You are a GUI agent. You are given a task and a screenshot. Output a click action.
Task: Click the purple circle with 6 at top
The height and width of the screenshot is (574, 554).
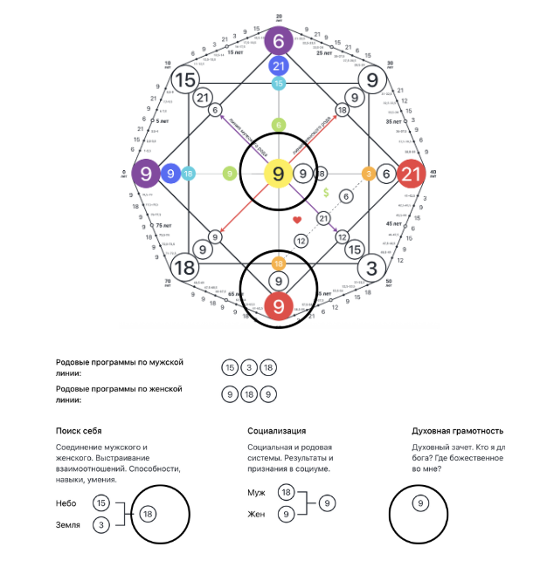click(x=279, y=41)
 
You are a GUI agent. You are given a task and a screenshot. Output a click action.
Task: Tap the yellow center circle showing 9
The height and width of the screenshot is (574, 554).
click(x=279, y=174)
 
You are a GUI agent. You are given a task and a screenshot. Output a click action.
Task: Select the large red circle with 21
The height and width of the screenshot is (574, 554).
click(x=412, y=174)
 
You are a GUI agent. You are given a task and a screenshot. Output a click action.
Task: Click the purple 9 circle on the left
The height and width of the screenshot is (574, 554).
click(x=146, y=174)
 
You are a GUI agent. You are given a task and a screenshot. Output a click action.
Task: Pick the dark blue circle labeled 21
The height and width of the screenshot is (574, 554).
click(x=279, y=66)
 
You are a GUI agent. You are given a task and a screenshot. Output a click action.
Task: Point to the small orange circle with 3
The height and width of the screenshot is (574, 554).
click(x=369, y=174)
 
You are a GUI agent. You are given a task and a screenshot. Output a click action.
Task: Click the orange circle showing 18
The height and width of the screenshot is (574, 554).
click(x=279, y=263)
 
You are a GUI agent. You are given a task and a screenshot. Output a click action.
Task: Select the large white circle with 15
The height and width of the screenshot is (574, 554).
click(x=184, y=80)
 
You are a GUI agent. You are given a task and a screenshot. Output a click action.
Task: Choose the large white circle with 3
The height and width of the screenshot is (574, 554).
click(x=372, y=267)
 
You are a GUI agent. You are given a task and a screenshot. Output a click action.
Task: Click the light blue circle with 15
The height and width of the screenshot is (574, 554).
click(x=279, y=84)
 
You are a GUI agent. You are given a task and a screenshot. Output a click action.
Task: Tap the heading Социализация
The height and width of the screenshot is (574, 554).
click(x=278, y=431)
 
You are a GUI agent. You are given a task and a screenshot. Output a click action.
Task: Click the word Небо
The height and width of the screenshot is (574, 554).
click(x=67, y=503)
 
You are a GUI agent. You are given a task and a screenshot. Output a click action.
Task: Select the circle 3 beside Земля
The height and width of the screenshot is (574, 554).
click(x=101, y=525)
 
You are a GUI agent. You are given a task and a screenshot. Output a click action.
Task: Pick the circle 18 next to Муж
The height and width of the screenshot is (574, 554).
click(x=287, y=493)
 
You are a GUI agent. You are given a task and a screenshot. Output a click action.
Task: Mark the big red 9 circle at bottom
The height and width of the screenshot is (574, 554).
click(x=279, y=306)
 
